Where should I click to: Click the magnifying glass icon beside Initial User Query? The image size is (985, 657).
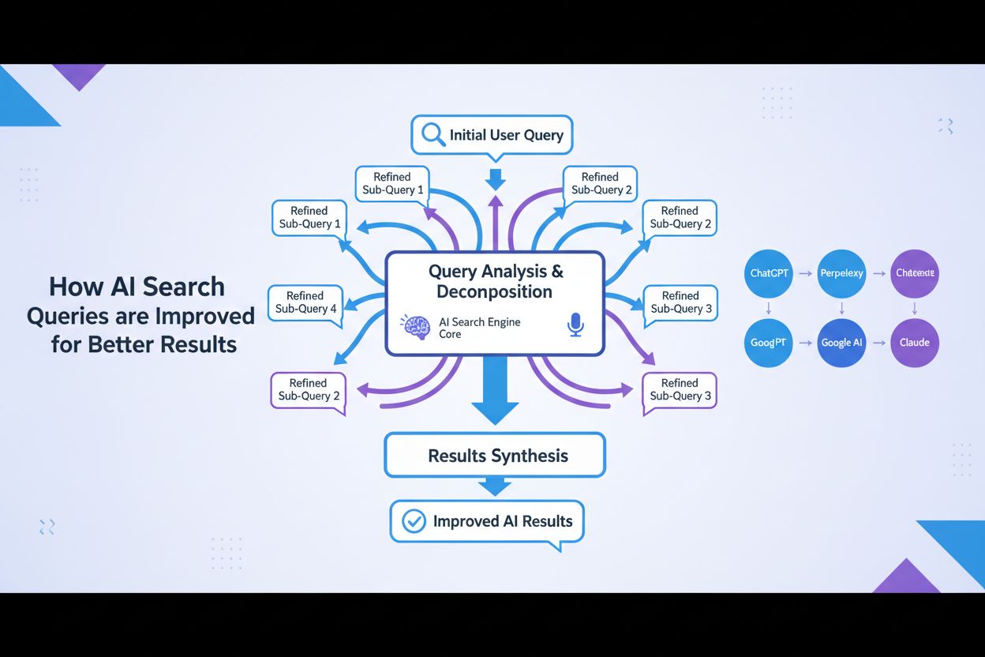point(433,135)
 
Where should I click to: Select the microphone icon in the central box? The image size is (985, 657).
point(575,325)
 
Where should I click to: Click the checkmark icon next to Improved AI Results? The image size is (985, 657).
point(414,521)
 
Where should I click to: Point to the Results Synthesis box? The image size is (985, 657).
point(495,456)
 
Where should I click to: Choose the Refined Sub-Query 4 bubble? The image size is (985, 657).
point(306,302)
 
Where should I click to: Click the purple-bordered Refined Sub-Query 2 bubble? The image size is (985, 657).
point(309,389)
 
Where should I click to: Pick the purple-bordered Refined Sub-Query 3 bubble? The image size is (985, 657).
point(680,389)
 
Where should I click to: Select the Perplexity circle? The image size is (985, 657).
point(841,273)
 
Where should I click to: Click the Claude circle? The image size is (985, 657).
point(914,343)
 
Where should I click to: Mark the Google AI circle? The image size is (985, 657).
point(841,343)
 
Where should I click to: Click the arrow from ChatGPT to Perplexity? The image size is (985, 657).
point(805,273)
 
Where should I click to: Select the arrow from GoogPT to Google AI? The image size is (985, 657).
point(805,343)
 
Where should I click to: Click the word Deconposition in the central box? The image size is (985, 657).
point(495,292)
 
